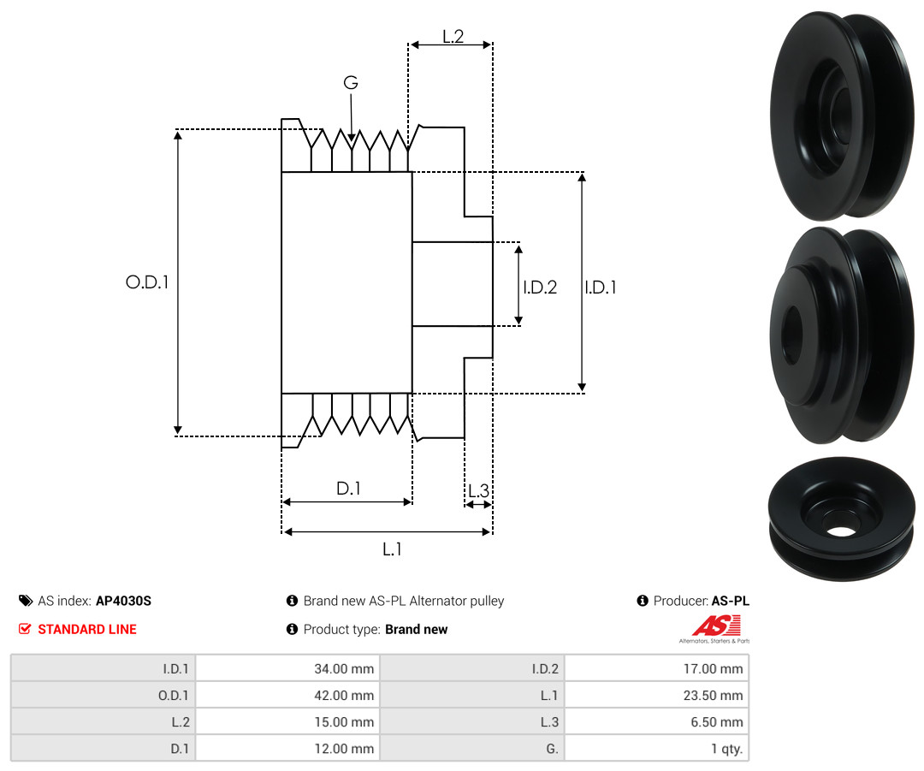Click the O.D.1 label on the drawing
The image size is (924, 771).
point(147,282)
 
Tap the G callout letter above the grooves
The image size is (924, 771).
point(351,82)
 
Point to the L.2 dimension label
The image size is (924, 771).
point(453,37)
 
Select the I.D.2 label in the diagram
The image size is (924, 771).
point(540,287)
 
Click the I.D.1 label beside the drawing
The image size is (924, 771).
point(601,287)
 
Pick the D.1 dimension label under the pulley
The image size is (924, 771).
point(348,488)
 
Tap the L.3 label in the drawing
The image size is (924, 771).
point(478,490)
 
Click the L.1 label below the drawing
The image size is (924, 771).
point(392,549)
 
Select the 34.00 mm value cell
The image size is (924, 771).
point(287,668)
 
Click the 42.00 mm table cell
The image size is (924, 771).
point(287,695)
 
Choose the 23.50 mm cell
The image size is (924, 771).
point(656,695)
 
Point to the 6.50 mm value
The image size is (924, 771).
point(656,721)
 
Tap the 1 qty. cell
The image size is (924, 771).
point(656,748)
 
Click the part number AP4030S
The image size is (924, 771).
point(123,601)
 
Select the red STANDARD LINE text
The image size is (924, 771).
point(87,629)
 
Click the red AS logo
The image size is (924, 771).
point(717,626)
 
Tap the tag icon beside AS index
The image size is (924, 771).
point(26,601)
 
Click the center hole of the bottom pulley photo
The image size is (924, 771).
point(842,531)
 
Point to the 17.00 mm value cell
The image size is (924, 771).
point(656,668)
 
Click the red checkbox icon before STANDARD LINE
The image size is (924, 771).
point(25,629)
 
